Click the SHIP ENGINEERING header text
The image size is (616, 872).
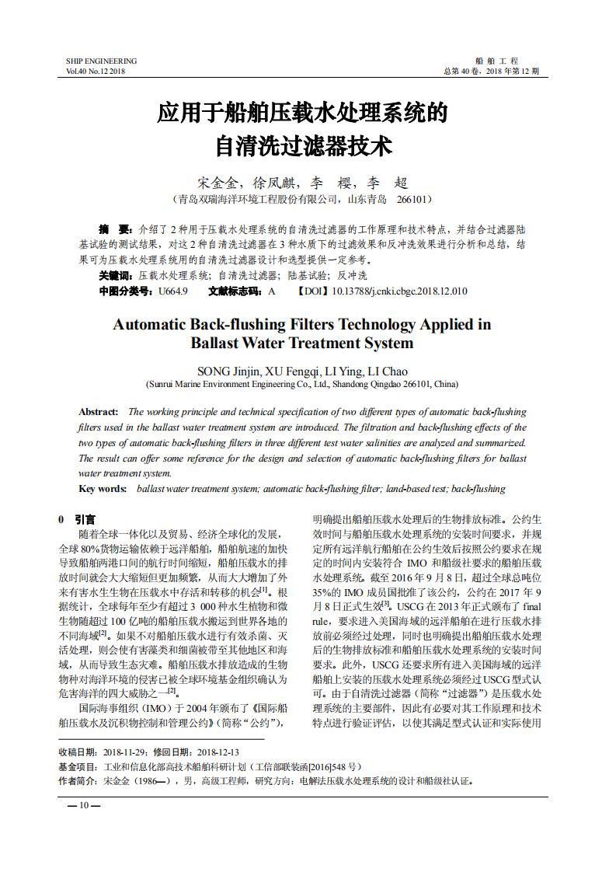click(101, 61)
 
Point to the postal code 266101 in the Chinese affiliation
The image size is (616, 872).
click(414, 200)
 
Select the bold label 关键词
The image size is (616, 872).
click(116, 276)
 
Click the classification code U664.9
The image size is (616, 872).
click(172, 291)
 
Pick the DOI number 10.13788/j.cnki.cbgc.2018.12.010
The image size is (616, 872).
click(399, 291)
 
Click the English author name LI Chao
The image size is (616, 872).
click(387, 371)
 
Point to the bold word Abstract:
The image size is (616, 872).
click(99, 412)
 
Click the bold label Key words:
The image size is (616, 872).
click(103, 489)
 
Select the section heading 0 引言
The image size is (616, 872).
click(78, 519)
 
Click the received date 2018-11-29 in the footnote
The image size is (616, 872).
click(124, 752)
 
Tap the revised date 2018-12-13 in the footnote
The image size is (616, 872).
click(218, 752)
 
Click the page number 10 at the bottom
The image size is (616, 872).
click(84, 805)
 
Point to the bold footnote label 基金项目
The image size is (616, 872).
click(78, 766)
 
